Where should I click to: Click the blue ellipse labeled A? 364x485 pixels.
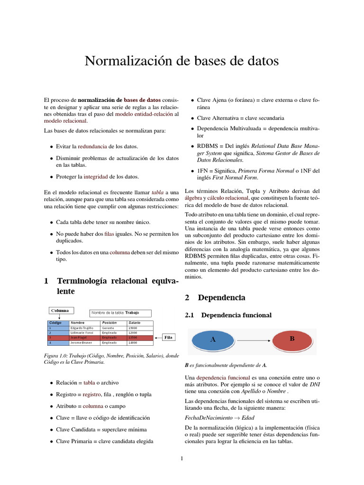pyautogui.click(x=212, y=340)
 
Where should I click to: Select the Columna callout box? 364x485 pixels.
pyautogui.click(x=60, y=311)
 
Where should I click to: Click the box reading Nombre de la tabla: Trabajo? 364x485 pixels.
pyautogui.click(x=121, y=313)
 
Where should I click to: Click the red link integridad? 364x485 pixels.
pyautogui.click(x=96, y=177)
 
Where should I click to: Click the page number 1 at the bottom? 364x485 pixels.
pyautogui.click(x=182, y=458)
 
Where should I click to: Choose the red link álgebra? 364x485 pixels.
pyautogui.click(x=192, y=198)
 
